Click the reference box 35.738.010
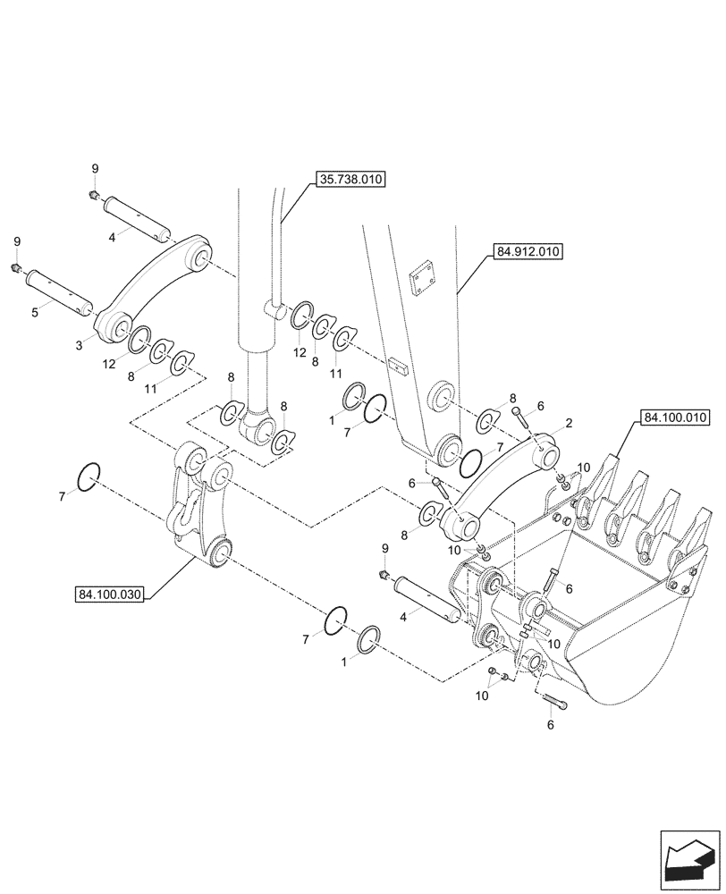(x=350, y=180)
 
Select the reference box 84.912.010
(x=527, y=252)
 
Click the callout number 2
(x=569, y=423)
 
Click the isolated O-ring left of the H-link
(x=89, y=477)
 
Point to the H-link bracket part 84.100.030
(x=201, y=510)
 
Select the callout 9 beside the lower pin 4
(x=384, y=548)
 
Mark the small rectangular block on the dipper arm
(x=400, y=367)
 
